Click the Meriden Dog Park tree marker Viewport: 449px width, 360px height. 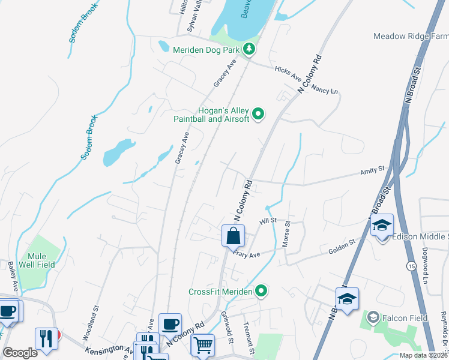250,49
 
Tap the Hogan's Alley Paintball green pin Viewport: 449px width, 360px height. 259,113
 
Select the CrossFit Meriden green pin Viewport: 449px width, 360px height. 261,292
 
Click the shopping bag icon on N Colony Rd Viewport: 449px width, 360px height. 233,236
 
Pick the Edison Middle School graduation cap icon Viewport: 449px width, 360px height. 382,226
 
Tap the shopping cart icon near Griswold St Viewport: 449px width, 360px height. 202,345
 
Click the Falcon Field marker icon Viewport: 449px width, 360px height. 373,317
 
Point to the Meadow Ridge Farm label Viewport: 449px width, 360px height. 411,37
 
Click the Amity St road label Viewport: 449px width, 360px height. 372,172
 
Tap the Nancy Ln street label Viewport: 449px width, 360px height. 327,91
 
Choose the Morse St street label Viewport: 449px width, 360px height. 286,234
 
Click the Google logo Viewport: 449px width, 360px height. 20,353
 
